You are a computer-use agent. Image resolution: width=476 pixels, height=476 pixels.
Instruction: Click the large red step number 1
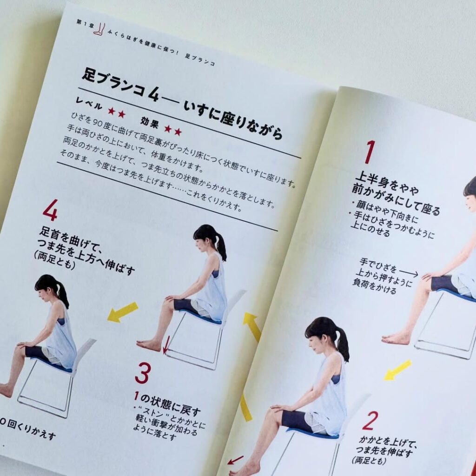pyautogui.click(x=370, y=152)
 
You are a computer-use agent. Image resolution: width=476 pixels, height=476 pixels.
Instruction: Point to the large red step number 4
pyautogui.click(x=50, y=210)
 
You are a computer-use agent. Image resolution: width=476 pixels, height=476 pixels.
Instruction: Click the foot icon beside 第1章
pyautogui.click(x=99, y=29)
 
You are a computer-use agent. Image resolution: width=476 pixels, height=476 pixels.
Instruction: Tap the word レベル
pyautogui.click(x=89, y=104)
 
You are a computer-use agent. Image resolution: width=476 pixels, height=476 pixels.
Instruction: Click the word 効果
pyautogui.click(x=150, y=122)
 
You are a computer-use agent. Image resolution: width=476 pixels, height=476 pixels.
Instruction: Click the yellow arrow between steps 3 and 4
pyautogui.click(x=123, y=312)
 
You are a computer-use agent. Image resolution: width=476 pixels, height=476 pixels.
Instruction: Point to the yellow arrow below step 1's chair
pyautogui.click(x=398, y=370)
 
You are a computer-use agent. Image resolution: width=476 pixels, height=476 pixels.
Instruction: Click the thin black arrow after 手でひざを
pyautogui.click(x=409, y=272)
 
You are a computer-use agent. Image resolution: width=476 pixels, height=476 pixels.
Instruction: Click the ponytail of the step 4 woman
pyautogui.click(x=63, y=295)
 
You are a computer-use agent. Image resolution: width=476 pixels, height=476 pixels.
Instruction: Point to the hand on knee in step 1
pyautogui.click(x=429, y=276)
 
